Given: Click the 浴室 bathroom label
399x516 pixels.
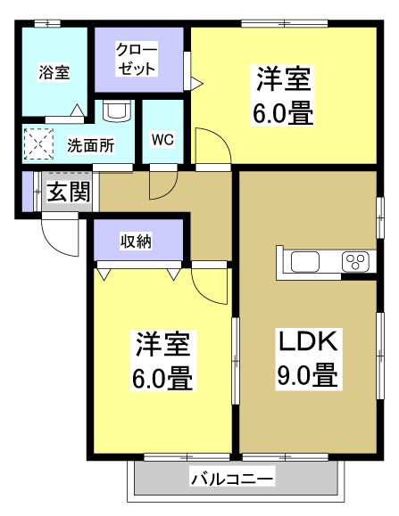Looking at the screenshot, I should (54, 72).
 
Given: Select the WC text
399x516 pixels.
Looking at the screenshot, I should (162, 139).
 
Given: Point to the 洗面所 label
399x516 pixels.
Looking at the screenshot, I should (90, 145).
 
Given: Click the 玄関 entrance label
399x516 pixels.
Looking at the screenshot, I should (69, 192).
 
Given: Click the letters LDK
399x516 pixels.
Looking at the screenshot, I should (306, 341).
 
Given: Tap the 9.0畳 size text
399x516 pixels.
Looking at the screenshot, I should (306, 374).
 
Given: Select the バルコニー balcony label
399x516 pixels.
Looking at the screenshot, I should (232, 479).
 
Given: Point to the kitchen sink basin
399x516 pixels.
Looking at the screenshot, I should (304, 261).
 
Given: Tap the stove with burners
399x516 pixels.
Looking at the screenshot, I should (354, 261).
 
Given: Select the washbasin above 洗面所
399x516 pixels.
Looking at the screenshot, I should (117, 111).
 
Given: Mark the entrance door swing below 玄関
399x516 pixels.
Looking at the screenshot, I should (54, 236).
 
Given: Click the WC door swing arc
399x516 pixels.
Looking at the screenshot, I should (162, 184).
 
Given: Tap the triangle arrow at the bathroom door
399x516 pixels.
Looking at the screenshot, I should (78, 111).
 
